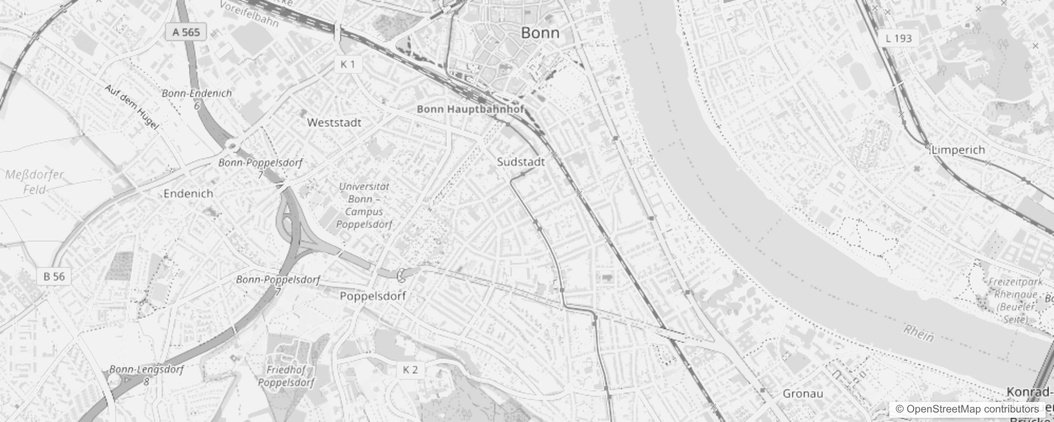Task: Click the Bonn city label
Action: click(540, 33)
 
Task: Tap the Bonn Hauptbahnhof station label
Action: click(470, 109)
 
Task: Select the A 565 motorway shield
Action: click(186, 32)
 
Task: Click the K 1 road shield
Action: click(347, 64)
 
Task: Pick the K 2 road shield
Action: click(410, 370)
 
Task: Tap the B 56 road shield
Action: click(54, 276)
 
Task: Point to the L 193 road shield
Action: click(899, 38)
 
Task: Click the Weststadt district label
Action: click(334, 123)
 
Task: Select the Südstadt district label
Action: click(521, 162)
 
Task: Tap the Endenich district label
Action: click(188, 194)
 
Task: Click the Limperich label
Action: click(958, 150)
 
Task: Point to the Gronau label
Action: click(803, 394)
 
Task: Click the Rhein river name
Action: click(918, 333)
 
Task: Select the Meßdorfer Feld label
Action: click(34, 181)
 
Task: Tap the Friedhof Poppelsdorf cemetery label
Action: click(286, 376)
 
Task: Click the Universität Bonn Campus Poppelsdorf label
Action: click(364, 205)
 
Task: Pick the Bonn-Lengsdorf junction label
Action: click(146, 370)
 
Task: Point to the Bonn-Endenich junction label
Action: click(196, 93)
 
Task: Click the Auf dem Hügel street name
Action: click(132, 107)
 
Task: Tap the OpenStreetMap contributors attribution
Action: click(967, 409)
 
